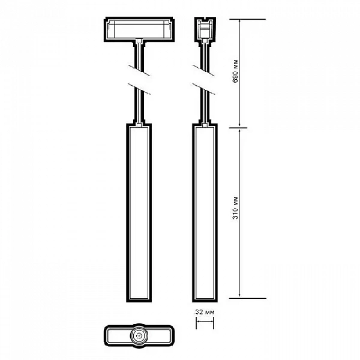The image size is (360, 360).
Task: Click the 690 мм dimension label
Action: pyautogui.click(x=235, y=71)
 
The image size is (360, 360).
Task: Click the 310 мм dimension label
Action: pyautogui.click(x=235, y=208)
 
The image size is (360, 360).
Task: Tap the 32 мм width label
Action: pyautogui.click(x=205, y=312)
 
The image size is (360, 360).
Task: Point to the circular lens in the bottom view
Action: pyautogui.click(x=139, y=335)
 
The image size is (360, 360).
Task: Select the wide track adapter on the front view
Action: pyautogui.click(x=139, y=29)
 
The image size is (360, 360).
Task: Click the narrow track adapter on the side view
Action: pyautogui.click(x=205, y=29)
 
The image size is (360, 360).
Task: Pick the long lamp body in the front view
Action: pyautogui.click(x=139, y=212)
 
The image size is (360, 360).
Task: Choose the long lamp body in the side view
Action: pyautogui.click(x=205, y=212)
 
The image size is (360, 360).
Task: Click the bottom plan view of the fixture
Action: pyautogui.click(x=139, y=335)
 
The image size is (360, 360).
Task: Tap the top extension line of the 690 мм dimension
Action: pyautogui.click(x=247, y=19)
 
